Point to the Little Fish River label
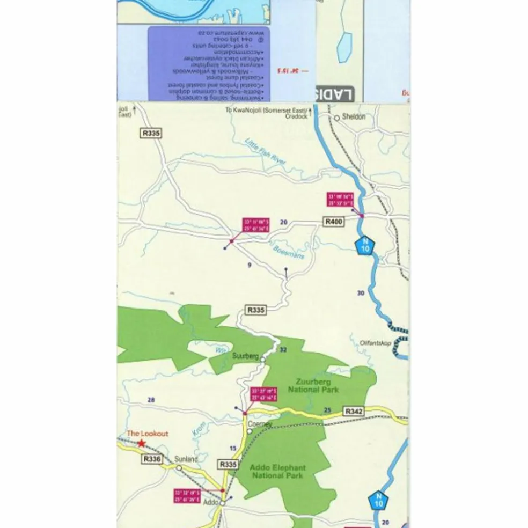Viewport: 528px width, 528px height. (266, 151)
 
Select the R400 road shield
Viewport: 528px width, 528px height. (333, 221)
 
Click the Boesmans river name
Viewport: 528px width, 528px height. (288, 252)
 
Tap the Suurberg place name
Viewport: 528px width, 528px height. (245, 356)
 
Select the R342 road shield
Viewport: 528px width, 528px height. (354, 412)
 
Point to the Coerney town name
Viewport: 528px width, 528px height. (260, 424)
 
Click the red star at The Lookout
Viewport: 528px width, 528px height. (141, 443)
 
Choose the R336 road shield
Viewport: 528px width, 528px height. (152, 459)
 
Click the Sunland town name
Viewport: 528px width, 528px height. (186, 459)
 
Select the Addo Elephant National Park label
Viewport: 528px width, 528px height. (278, 472)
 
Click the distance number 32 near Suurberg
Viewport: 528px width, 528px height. (283, 350)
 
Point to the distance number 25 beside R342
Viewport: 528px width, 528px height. (327, 410)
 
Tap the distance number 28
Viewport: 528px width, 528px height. (151, 400)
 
